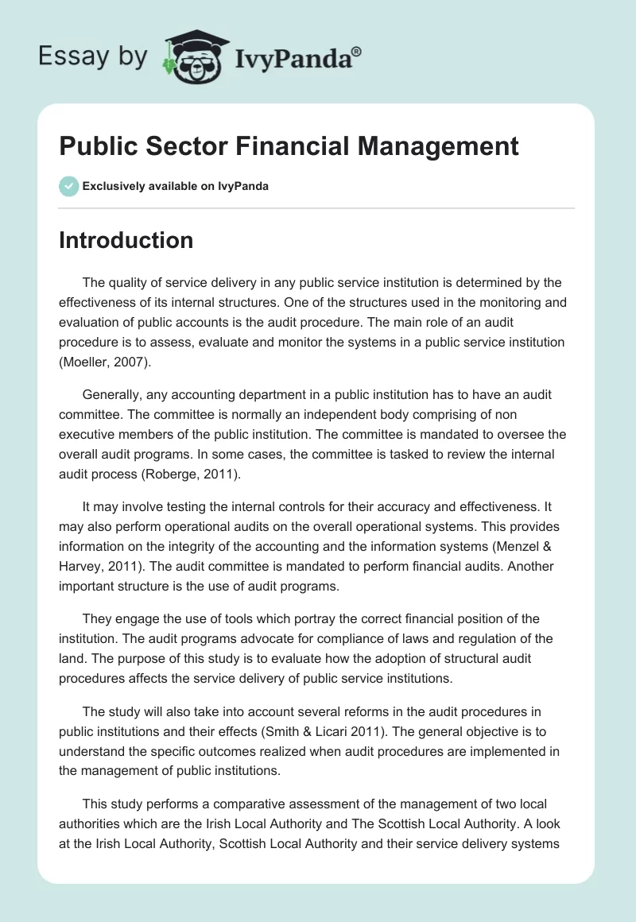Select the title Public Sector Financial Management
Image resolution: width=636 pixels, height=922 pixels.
tap(289, 146)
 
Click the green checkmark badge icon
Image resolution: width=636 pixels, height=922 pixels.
tap(68, 186)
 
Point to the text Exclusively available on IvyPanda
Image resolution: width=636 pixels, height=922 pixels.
tap(175, 186)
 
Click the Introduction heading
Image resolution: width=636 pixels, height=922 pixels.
tap(126, 240)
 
